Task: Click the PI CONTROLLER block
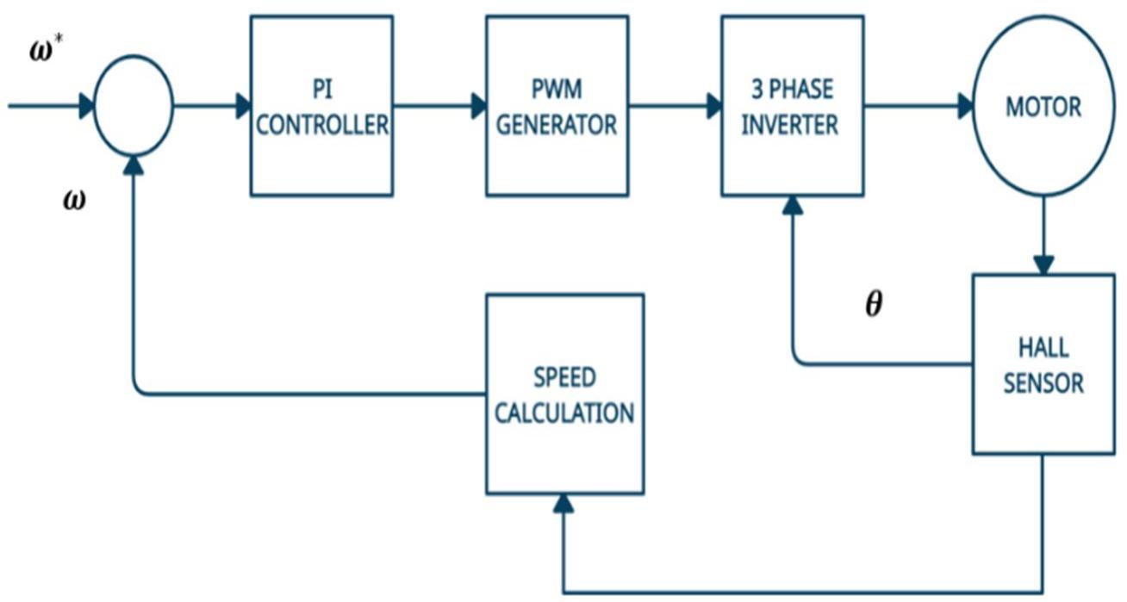pos(321,105)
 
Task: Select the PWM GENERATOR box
pos(557,105)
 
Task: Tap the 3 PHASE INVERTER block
pos(792,105)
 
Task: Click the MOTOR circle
pos(1043,108)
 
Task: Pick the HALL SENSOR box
pos(1043,364)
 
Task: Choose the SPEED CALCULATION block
pos(564,394)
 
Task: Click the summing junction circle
pos(133,107)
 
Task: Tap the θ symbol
pos(874,306)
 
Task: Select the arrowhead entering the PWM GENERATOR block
pos(477,107)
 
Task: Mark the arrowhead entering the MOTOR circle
pos(964,107)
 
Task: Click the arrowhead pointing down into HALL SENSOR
pos(1043,265)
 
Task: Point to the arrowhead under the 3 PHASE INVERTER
pos(792,205)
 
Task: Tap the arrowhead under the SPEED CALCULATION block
pos(563,504)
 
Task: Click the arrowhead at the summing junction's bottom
pos(134,164)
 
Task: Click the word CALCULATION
pos(564,413)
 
